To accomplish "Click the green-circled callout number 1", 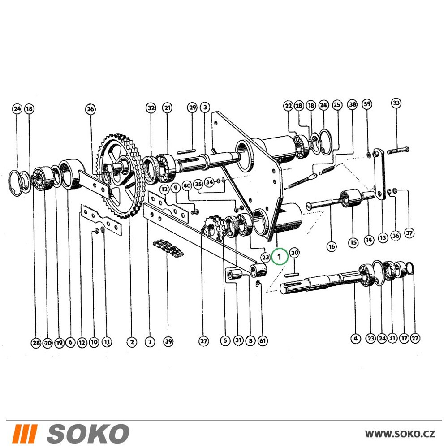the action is (x=280, y=256).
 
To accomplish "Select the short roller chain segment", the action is (x=168, y=247).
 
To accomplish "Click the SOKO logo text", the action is (x=88, y=434).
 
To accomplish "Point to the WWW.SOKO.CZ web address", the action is (x=400, y=434).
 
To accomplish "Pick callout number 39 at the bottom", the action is (x=168, y=341).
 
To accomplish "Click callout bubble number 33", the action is (x=396, y=103).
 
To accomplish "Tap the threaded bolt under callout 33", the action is (x=398, y=150).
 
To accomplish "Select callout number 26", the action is (x=90, y=109).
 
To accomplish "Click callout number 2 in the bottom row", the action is (x=132, y=342).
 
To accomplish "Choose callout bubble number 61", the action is (x=263, y=340).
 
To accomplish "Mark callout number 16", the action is (x=332, y=246).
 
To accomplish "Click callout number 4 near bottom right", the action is (x=355, y=339).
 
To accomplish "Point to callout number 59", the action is (x=367, y=103).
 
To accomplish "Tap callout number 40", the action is (x=187, y=186).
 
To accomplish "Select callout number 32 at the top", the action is (x=151, y=108).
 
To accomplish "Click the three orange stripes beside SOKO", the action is (x=26, y=434).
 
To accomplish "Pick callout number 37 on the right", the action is (x=409, y=233).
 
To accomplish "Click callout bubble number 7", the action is (x=150, y=342).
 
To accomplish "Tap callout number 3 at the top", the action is (x=205, y=108).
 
